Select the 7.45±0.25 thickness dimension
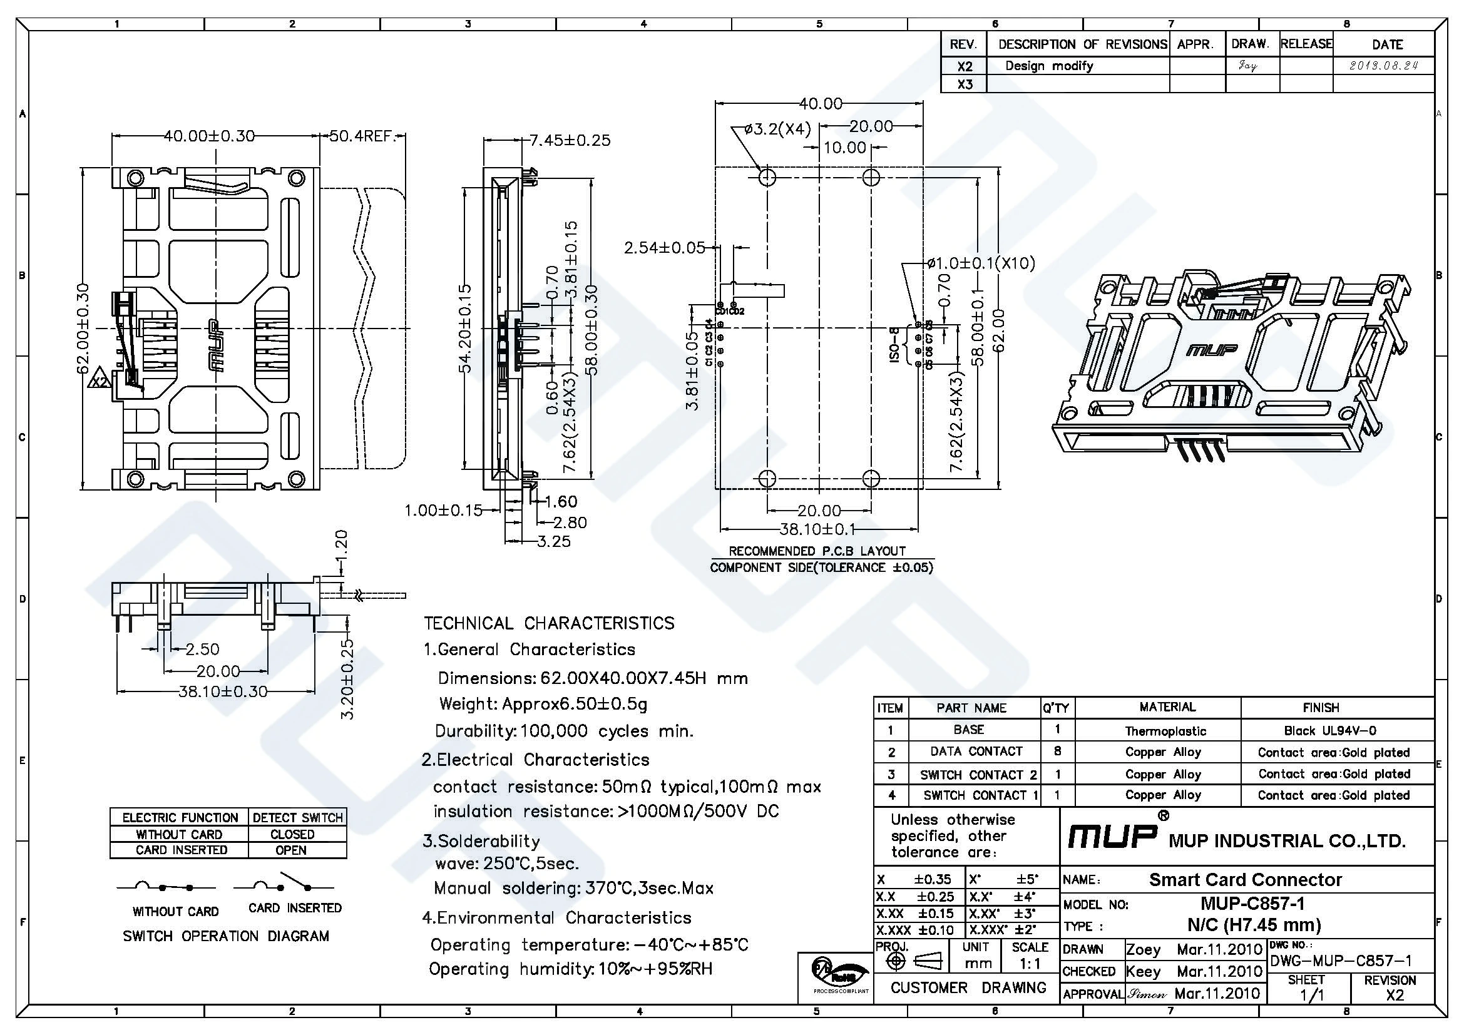point(570,140)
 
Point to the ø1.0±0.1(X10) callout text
point(981,263)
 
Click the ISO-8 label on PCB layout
point(894,346)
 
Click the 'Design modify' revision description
point(1049,66)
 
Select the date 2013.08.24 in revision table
point(1383,66)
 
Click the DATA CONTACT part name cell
point(976,752)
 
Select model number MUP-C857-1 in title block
point(1252,904)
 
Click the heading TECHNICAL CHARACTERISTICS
point(549,623)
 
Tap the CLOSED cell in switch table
point(292,834)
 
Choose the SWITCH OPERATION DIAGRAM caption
point(226,936)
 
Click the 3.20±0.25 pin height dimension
point(347,679)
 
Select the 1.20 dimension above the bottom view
point(342,543)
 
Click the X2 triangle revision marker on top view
point(101,379)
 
